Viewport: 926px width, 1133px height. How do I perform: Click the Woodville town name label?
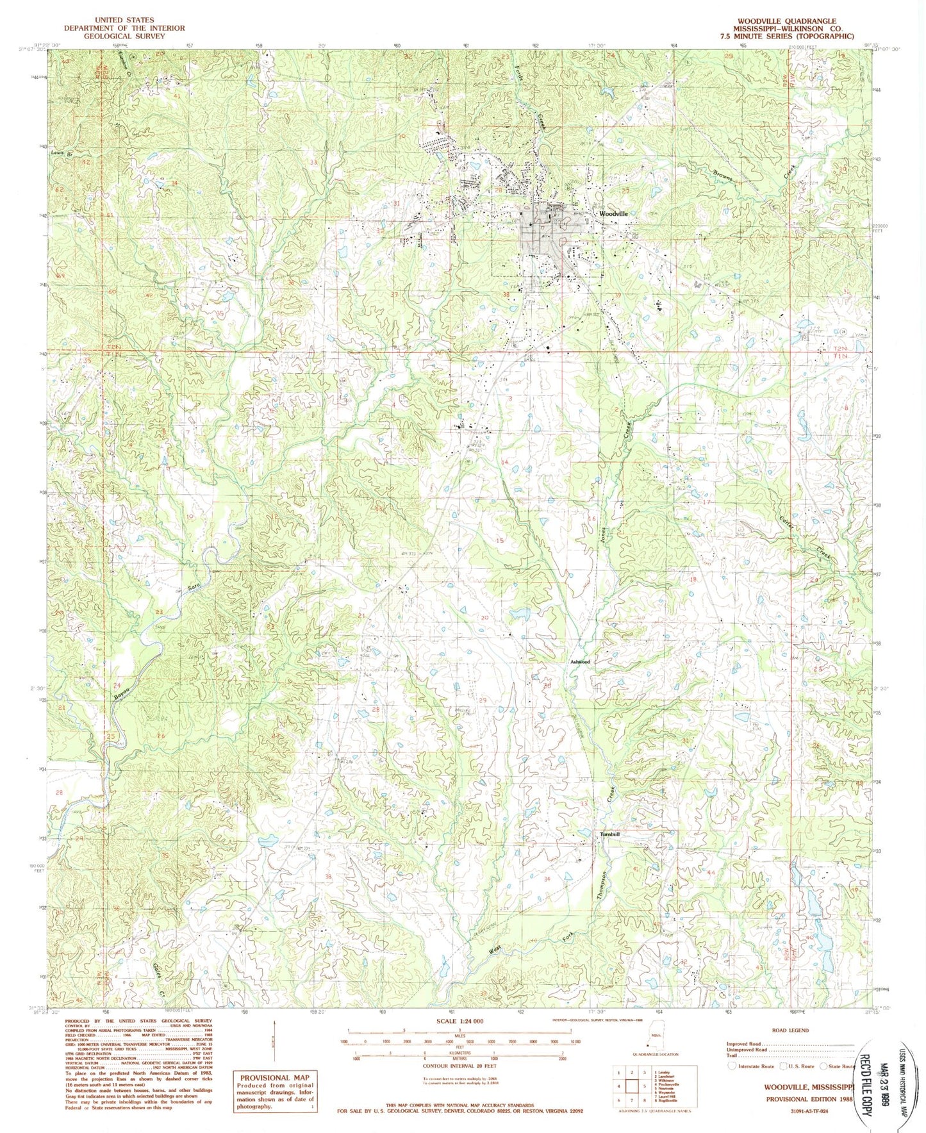pyautogui.click(x=613, y=213)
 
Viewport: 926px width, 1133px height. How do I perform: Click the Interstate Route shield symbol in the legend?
pyautogui.click(x=732, y=1066)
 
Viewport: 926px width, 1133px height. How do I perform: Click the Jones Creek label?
pyautogui.click(x=605, y=531)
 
